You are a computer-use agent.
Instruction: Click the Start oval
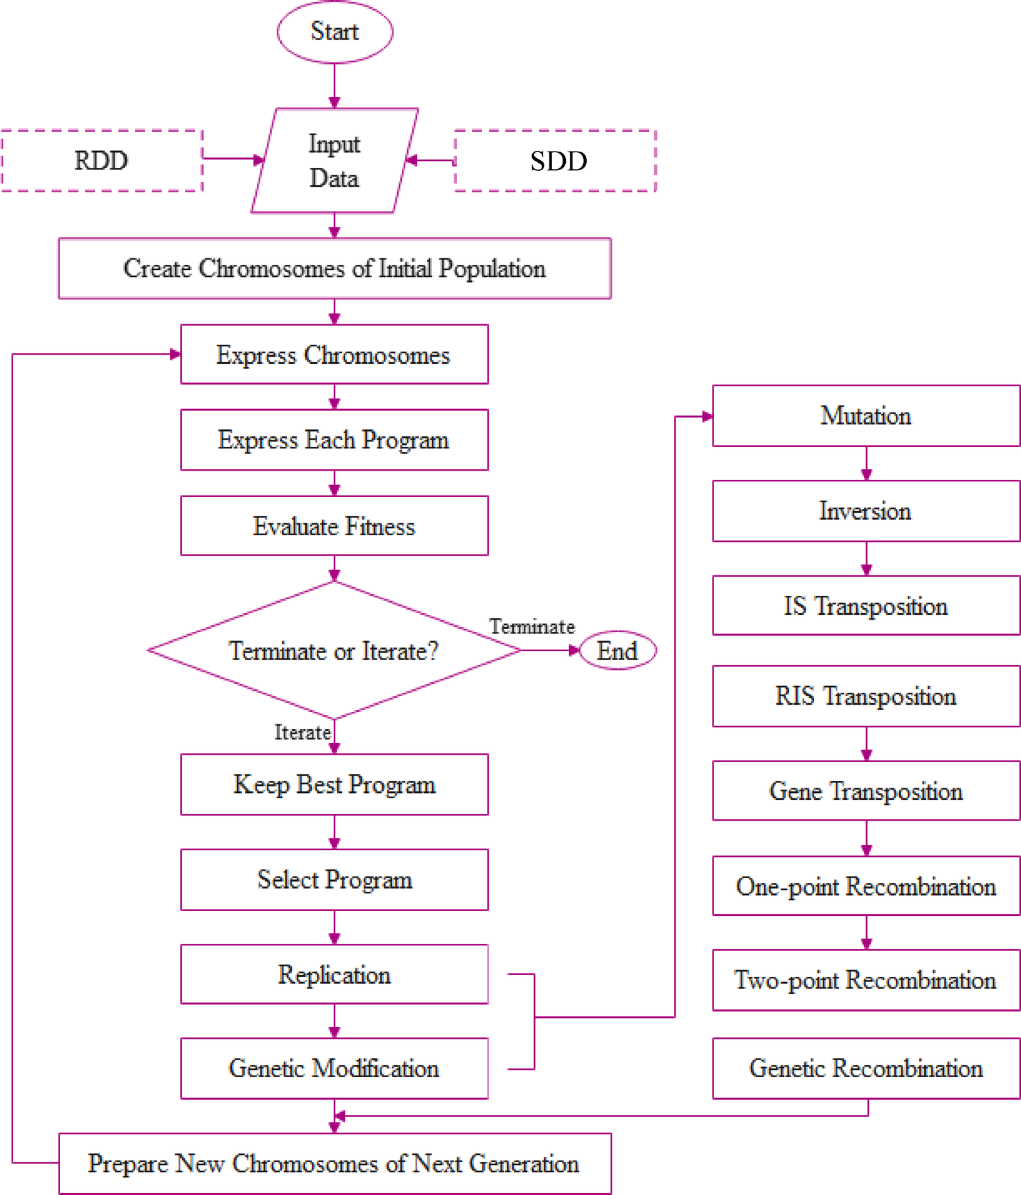click(x=335, y=32)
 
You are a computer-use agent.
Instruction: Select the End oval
click(x=617, y=651)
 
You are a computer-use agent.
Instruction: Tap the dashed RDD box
click(x=101, y=161)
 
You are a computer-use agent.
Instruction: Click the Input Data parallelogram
click(x=335, y=161)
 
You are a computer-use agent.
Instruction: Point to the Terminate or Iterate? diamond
click(x=334, y=651)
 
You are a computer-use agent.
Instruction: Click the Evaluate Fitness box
click(x=334, y=526)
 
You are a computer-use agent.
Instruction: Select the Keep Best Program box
click(x=334, y=784)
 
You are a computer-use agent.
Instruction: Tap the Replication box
click(x=334, y=974)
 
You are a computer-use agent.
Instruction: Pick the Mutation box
click(x=866, y=416)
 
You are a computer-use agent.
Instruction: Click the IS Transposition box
click(x=866, y=606)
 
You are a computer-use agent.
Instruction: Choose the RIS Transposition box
click(x=866, y=696)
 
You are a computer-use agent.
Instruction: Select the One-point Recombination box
click(x=866, y=886)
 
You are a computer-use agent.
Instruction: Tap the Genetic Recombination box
click(x=866, y=1068)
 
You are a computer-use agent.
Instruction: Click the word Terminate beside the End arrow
click(x=532, y=626)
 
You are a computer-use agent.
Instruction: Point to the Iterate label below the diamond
click(x=302, y=732)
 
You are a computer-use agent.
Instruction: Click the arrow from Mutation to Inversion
click(x=866, y=463)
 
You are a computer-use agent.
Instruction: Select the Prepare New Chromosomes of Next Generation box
click(x=334, y=1163)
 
